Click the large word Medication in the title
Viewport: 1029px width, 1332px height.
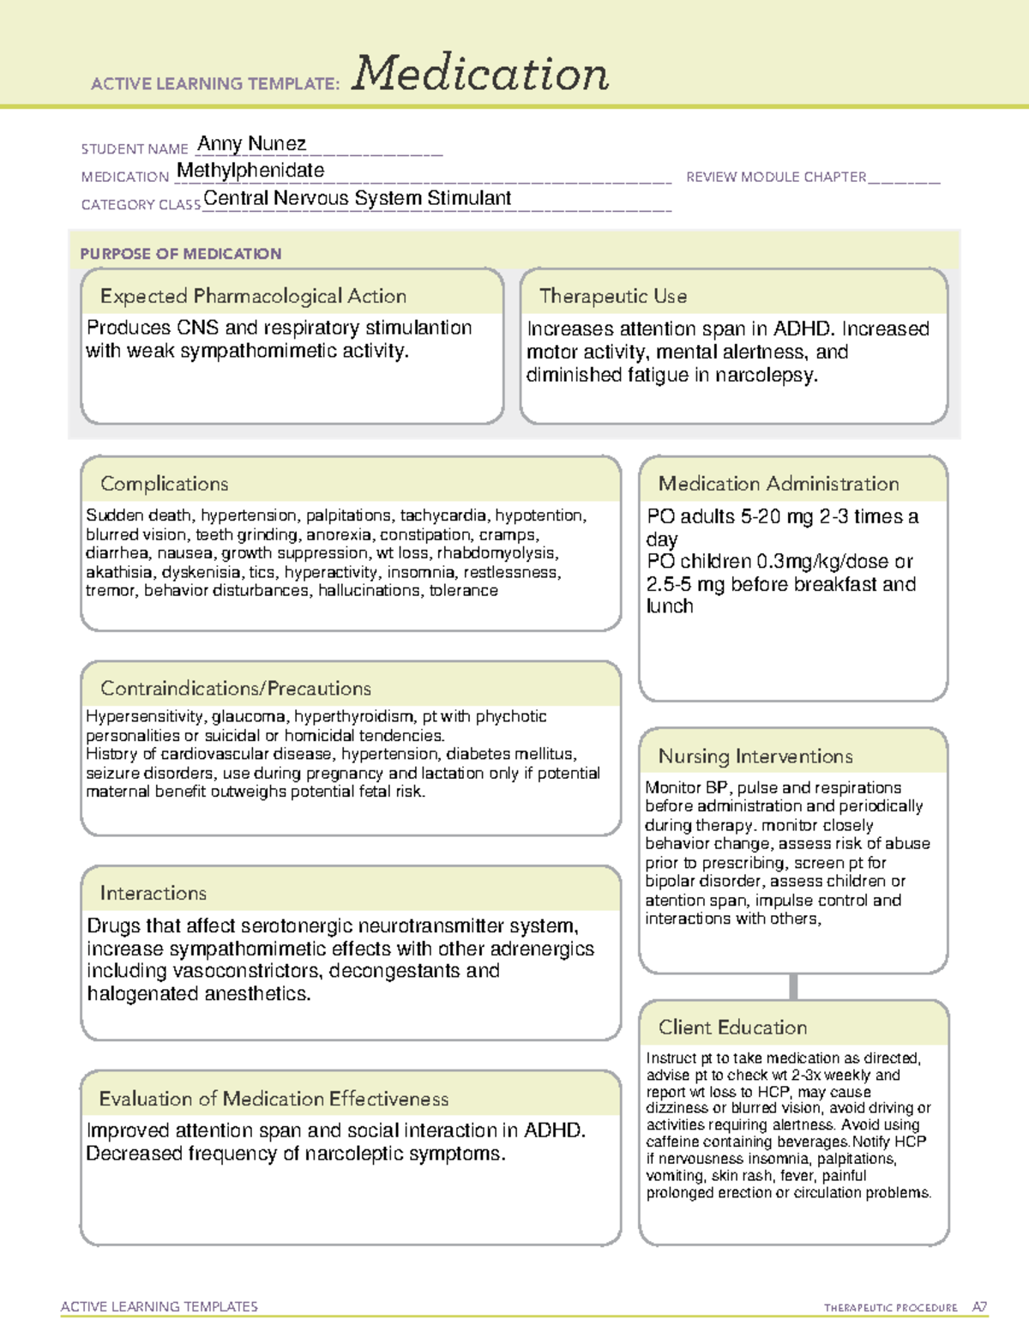tap(480, 74)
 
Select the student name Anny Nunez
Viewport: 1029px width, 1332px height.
tap(251, 143)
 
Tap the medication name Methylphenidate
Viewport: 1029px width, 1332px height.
tap(250, 171)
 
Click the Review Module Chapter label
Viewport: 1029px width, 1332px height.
tap(776, 177)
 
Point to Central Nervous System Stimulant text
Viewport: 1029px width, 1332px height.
tap(357, 198)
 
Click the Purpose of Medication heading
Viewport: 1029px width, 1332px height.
tap(181, 254)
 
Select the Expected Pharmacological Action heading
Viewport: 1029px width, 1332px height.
tap(253, 296)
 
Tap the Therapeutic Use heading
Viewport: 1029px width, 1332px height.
tap(612, 296)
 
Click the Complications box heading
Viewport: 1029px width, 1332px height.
tap(164, 484)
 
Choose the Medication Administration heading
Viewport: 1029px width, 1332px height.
tap(778, 484)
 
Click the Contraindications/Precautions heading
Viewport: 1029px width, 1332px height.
tap(235, 688)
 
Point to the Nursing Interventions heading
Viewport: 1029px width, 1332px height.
tap(755, 756)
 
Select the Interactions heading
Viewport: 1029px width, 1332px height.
tap(153, 893)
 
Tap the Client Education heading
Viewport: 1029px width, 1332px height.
tap(732, 1028)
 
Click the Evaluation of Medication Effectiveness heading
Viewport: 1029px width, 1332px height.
tap(274, 1099)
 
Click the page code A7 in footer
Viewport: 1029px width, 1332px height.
tap(979, 1307)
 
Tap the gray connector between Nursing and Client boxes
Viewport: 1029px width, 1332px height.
tap(793, 986)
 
